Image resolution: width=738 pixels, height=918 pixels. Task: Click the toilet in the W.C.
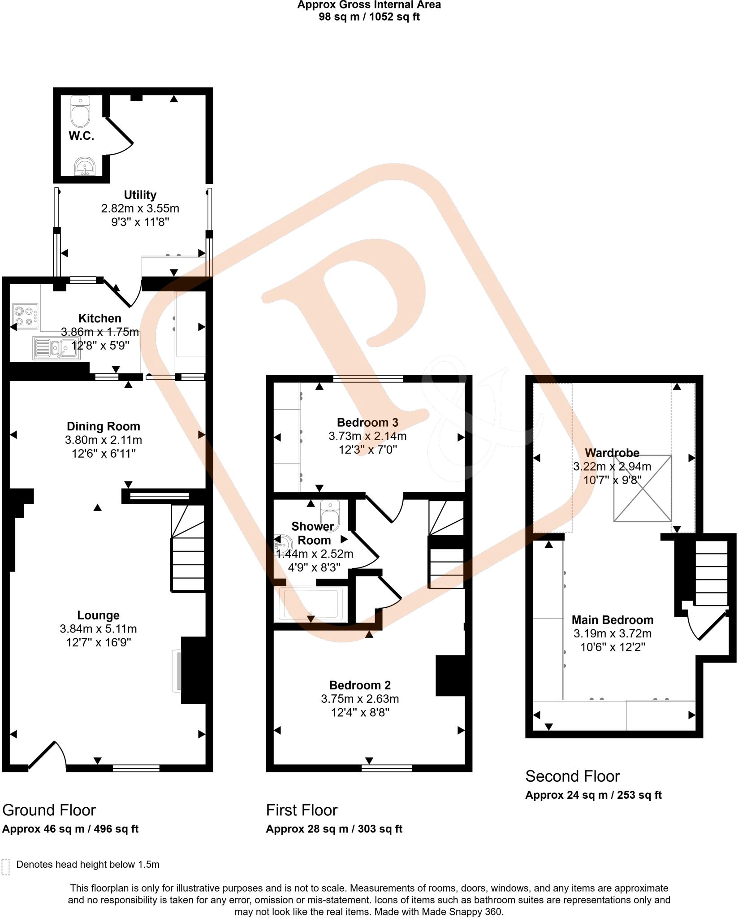click(x=80, y=112)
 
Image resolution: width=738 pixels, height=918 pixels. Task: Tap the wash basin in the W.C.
click(x=84, y=166)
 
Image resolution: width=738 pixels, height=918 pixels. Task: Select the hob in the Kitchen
click(x=25, y=315)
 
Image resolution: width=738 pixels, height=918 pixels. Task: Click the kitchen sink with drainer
click(x=56, y=348)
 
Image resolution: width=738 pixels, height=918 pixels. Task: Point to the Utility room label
click(x=140, y=195)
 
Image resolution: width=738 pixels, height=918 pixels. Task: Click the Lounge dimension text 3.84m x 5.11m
click(x=98, y=629)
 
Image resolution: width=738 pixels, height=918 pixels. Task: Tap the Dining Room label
click(x=103, y=426)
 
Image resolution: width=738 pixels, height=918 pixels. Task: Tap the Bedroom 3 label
click(x=367, y=422)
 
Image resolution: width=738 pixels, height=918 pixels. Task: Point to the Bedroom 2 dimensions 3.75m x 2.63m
click(x=360, y=699)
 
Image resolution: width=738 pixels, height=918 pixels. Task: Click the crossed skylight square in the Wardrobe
click(x=643, y=489)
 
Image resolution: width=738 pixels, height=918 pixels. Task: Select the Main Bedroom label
click(x=612, y=620)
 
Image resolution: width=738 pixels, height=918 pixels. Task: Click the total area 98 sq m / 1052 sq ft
click(x=369, y=17)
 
